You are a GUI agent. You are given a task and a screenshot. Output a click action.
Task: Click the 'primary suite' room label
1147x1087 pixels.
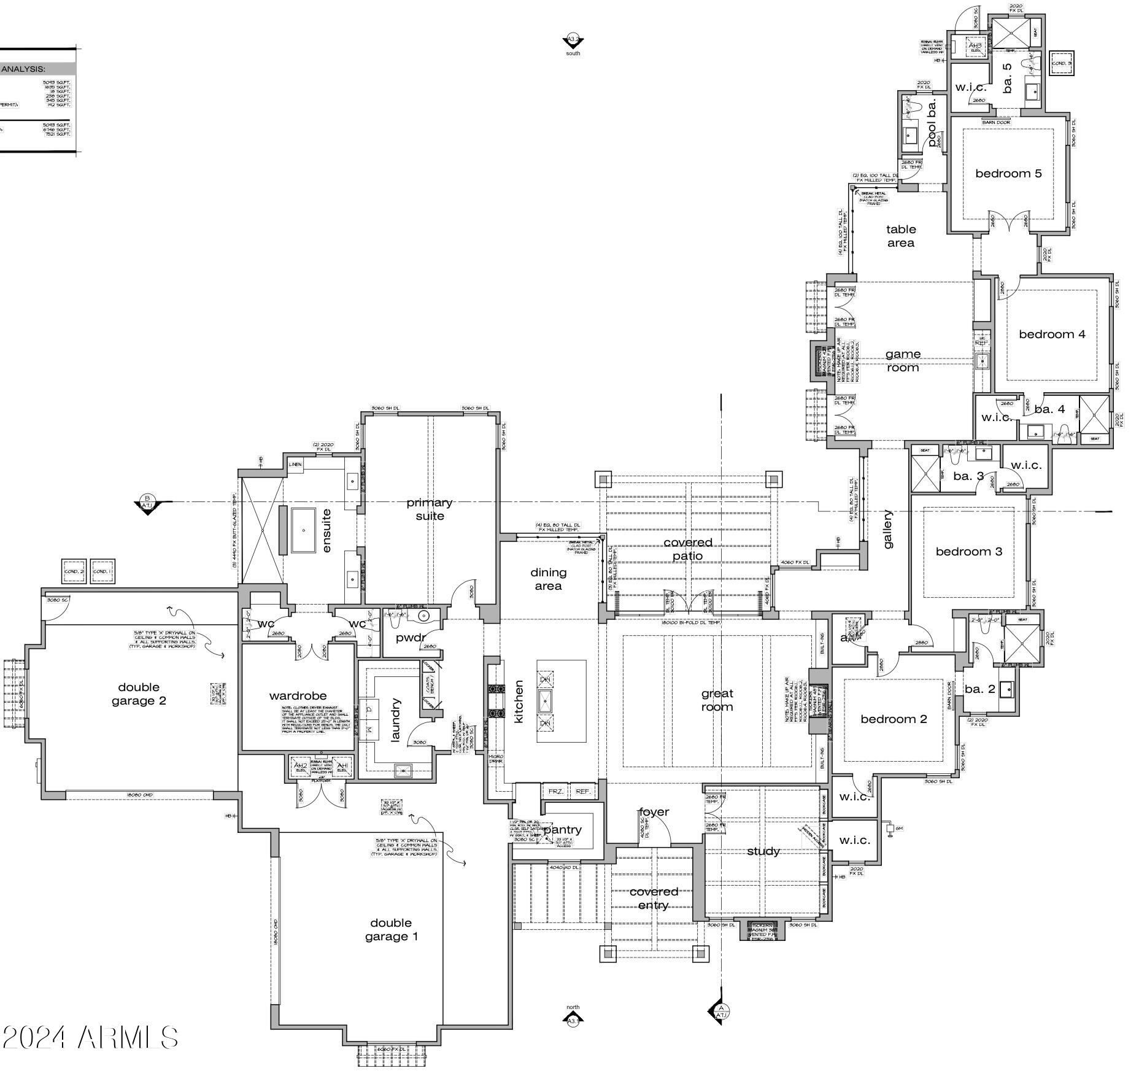click(x=430, y=509)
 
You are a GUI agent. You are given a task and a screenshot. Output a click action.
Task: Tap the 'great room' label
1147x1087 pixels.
click(x=717, y=700)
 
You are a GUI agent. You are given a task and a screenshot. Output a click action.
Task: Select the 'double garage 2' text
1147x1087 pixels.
click(x=139, y=694)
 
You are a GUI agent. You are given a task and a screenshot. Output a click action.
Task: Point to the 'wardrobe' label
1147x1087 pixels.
click(x=298, y=696)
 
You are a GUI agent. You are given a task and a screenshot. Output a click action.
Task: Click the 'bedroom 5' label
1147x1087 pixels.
click(x=1008, y=174)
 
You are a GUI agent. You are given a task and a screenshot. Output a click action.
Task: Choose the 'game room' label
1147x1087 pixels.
click(x=903, y=361)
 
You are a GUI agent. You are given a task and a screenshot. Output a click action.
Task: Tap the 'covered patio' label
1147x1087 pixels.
click(x=687, y=549)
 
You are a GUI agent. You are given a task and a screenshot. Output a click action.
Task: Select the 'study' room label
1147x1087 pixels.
click(x=763, y=851)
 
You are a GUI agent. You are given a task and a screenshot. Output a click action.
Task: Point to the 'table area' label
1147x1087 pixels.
click(x=901, y=236)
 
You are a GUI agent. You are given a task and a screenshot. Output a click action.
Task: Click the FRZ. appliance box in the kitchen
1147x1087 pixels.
click(x=555, y=792)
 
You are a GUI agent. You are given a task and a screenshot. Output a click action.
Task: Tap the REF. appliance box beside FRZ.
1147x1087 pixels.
click(x=583, y=792)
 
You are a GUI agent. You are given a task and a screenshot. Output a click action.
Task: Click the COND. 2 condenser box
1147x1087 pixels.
click(x=74, y=571)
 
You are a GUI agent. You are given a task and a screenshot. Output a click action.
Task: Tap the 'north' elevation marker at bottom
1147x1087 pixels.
click(x=573, y=1019)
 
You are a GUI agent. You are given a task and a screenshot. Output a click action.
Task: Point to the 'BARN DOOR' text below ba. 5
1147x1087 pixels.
click(x=995, y=122)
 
